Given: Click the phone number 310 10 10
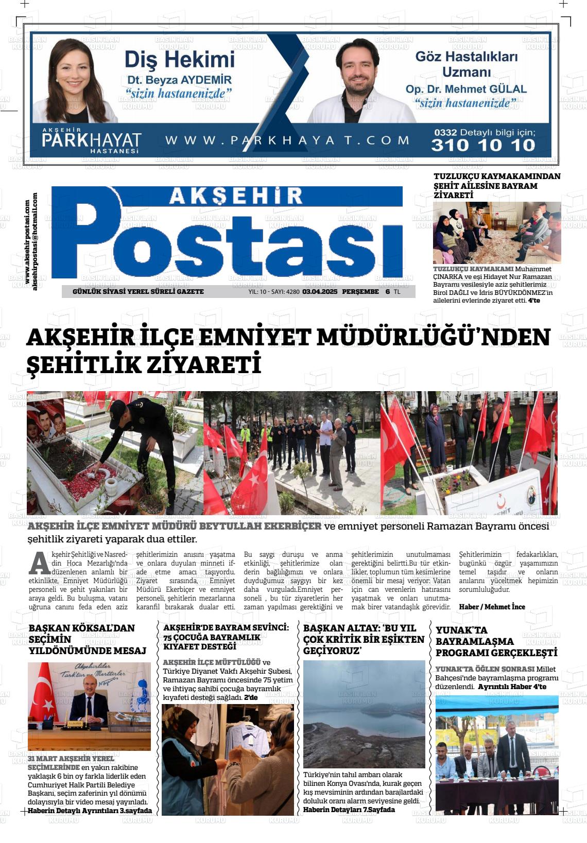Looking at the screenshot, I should click(483, 145).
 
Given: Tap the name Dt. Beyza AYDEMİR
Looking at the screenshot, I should click(179, 80).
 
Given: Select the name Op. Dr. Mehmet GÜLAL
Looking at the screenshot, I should click(466, 89).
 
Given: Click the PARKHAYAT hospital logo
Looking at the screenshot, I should click(92, 140).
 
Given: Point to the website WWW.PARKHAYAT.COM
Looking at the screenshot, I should click(287, 140).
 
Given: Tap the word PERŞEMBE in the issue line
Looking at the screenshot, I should click(360, 292).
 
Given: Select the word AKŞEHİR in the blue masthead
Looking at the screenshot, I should click(236, 196).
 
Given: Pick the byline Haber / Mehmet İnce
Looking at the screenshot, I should click(492, 607).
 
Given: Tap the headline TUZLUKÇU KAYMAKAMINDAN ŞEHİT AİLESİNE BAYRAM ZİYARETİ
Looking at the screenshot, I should click(497, 186).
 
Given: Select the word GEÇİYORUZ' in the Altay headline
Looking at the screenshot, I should click(332, 651).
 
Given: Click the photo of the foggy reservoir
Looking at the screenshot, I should click(364, 714).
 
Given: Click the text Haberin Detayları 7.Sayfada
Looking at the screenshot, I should click(349, 810).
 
